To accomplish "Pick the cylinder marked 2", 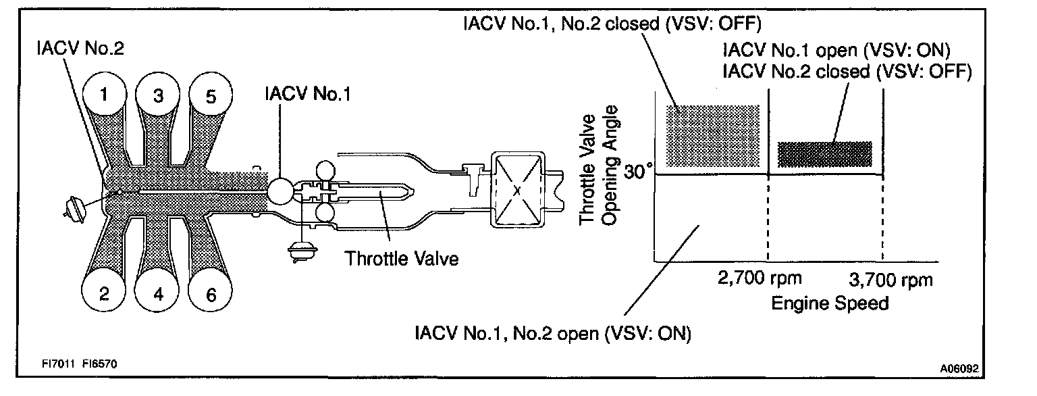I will tap(103, 294).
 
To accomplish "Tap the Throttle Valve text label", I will tap(401, 258).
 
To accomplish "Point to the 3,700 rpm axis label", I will tap(889, 278).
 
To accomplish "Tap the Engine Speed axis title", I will tap(830, 303).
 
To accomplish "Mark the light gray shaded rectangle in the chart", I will tap(713, 136).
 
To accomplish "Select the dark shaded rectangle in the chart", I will tap(825, 155).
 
